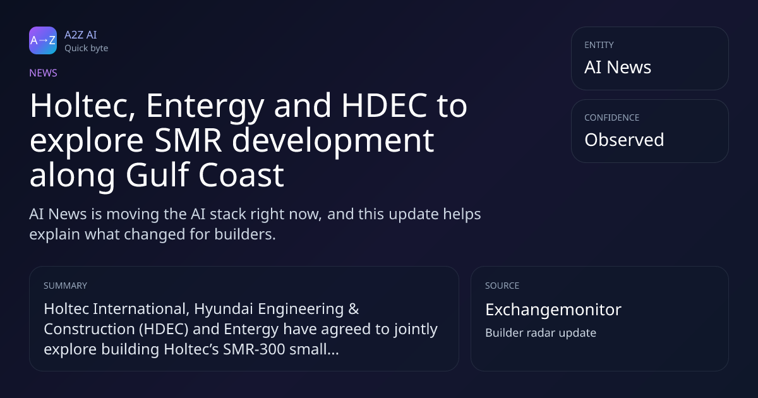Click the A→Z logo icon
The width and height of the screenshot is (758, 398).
tap(43, 40)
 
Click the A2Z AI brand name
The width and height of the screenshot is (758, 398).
tap(81, 35)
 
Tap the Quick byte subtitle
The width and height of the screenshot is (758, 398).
tap(87, 49)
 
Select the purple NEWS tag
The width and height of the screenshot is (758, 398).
tap(43, 73)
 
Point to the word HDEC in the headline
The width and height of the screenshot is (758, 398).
tap(385, 106)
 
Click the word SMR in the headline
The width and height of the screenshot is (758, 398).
tap(188, 140)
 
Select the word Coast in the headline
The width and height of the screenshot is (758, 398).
tap(241, 175)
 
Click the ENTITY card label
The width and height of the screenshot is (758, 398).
tap(599, 45)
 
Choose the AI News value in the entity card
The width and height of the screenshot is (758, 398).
tap(618, 67)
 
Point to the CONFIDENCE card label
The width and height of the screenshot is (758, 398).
tap(612, 118)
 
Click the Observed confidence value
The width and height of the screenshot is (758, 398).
tap(624, 140)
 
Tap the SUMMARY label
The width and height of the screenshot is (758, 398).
tap(65, 286)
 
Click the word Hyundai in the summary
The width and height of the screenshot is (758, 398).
tap(224, 309)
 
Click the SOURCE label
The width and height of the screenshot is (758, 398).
tap(502, 286)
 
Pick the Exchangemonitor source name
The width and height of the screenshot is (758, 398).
tap(553, 310)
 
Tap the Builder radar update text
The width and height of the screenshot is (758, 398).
tap(541, 333)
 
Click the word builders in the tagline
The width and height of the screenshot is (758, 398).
tap(245, 234)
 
